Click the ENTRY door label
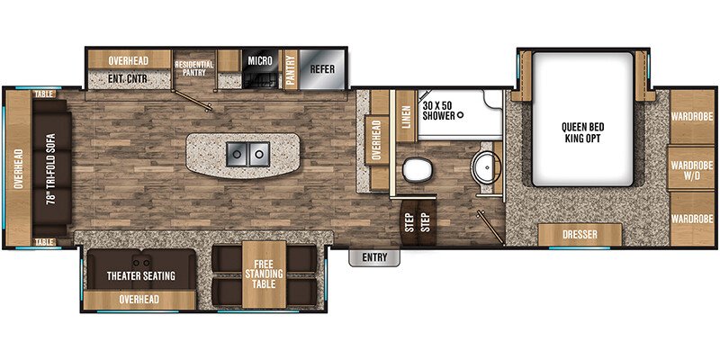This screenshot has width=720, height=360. pyautogui.click(x=373, y=258)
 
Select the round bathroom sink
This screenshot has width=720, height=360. pyautogui.click(x=487, y=167)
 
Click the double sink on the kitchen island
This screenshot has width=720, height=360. pyautogui.click(x=246, y=155)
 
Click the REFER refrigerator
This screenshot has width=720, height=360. pyautogui.click(x=321, y=68)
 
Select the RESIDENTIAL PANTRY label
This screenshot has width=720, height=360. pyautogui.click(x=194, y=68)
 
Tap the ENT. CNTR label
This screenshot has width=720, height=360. pyautogui.click(x=128, y=80)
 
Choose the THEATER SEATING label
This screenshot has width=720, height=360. pyautogui.click(x=140, y=275)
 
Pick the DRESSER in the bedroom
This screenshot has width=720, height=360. pyautogui.click(x=580, y=234)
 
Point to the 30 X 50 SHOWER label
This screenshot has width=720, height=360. pyautogui.click(x=440, y=109)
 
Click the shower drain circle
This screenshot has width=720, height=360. pyautogui.click(x=460, y=115)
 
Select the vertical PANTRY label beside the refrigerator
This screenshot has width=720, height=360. pyautogui.click(x=292, y=69)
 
